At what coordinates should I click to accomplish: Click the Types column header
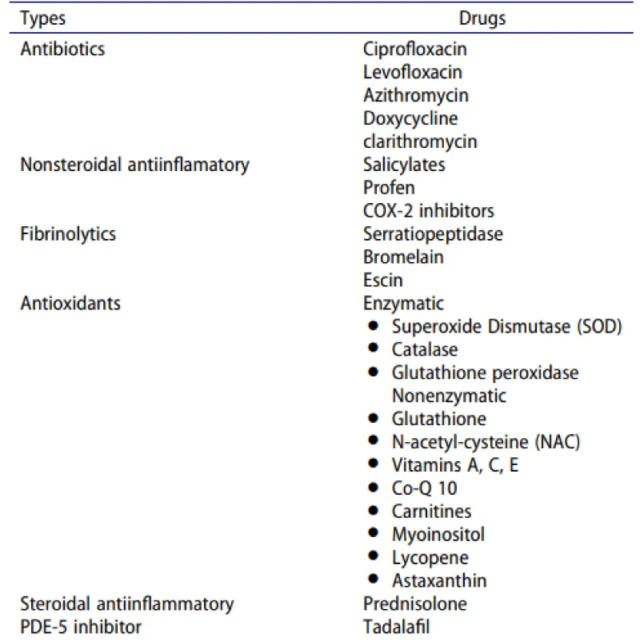pyautogui.click(x=43, y=18)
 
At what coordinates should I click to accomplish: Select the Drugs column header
pyautogui.click(x=482, y=18)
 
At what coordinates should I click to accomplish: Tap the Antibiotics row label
pyautogui.click(x=62, y=49)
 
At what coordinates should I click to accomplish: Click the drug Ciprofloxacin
pyautogui.click(x=414, y=49)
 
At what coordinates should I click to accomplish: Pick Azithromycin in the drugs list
pyautogui.click(x=416, y=95)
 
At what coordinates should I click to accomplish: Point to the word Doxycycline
pyautogui.click(x=410, y=118)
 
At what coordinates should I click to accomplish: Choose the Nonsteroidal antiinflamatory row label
pyautogui.click(x=134, y=165)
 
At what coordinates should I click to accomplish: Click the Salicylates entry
pyautogui.click(x=404, y=165)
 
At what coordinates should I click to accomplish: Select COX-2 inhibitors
pyautogui.click(x=428, y=211)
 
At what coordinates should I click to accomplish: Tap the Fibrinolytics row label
pyautogui.click(x=68, y=234)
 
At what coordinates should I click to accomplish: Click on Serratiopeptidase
pyautogui.click(x=433, y=234)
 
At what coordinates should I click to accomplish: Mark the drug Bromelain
pyautogui.click(x=402, y=257)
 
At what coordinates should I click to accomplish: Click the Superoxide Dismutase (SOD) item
pyautogui.click(x=506, y=327)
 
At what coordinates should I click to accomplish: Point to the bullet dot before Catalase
pyautogui.click(x=373, y=349)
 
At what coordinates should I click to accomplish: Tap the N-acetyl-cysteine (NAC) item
pyautogui.click(x=486, y=442)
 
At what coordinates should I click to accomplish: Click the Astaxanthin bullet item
pyautogui.click(x=439, y=580)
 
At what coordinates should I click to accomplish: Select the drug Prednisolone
pyautogui.click(x=414, y=603)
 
